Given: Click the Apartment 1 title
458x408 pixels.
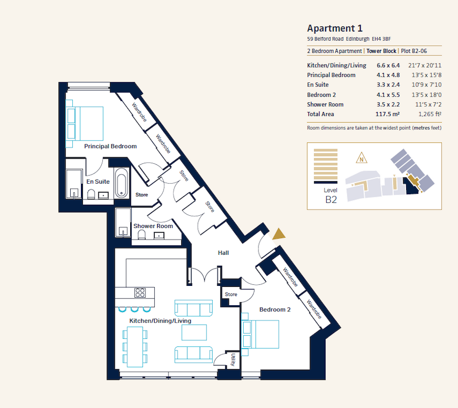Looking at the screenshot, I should (x=335, y=28).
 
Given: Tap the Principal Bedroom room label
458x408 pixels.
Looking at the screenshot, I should (x=110, y=147).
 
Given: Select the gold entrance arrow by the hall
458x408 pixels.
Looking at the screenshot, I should (x=278, y=234).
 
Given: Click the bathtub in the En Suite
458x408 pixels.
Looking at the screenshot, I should (x=122, y=184).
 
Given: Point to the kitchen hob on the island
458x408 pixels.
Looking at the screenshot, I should (x=140, y=293).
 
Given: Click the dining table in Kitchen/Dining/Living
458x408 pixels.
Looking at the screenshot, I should (x=134, y=346).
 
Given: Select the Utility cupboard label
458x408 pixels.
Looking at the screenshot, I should (x=233, y=360).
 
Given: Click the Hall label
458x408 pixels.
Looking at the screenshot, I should (x=223, y=252).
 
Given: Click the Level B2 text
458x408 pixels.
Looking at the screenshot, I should (x=331, y=195).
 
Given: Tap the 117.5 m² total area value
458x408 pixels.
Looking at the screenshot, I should (x=388, y=114).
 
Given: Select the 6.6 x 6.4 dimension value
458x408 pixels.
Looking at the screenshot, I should (x=388, y=66).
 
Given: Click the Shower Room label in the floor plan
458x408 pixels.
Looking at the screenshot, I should (x=153, y=226).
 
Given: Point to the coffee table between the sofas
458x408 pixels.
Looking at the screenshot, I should (x=194, y=332).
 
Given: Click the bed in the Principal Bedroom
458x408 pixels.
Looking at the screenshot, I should (x=85, y=123).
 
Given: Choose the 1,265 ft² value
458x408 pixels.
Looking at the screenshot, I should (x=428, y=114).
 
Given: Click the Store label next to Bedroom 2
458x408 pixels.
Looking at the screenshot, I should (x=231, y=295).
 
